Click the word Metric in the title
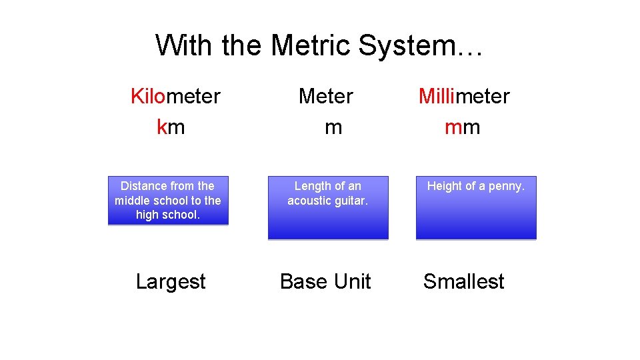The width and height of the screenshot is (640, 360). click(310, 45)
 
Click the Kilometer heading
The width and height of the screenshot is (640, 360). click(175, 96)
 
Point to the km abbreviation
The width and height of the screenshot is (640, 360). click(171, 127)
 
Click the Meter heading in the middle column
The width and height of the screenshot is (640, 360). click(326, 96)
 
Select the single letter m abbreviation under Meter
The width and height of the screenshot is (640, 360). click(333, 127)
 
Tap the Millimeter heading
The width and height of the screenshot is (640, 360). click(464, 96)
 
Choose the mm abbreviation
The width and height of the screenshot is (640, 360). click(463, 127)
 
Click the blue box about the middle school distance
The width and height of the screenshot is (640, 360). click(168, 201)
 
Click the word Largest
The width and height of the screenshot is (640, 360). click(171, 281)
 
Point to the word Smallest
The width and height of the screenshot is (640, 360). click(464, 281)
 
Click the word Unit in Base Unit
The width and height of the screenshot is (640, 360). click(352, 281)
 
